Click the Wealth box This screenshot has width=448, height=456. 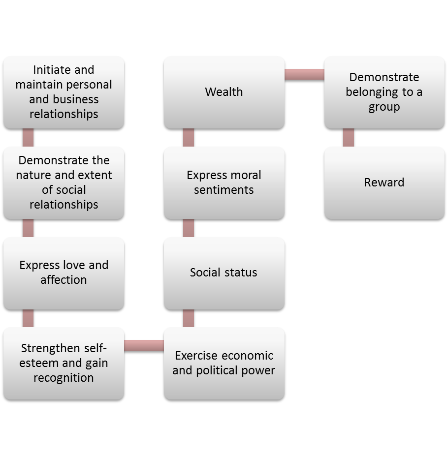(224, 92)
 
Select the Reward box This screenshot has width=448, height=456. (384, 182)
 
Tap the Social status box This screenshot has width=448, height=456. (224, 273)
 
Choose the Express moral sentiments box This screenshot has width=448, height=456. (224, 182)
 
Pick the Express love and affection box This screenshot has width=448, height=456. (64, 273)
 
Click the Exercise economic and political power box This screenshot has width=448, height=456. (224, 363)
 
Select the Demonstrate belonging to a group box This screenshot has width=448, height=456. (384, 92)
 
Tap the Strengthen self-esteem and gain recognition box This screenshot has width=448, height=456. (64, 363)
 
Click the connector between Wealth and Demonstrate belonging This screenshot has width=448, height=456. (304, 74)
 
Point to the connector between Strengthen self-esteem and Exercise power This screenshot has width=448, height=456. (144, 345)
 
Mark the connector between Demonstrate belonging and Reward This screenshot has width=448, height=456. (348, 137)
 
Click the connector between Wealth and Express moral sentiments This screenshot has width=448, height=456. (188, 137)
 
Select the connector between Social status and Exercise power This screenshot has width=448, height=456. (188, 318)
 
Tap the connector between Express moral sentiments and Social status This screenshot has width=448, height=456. (188, 228)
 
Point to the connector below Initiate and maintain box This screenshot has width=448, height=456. (28, 137)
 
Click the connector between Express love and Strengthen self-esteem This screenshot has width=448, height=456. (28, 318)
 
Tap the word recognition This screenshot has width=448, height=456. (64, 378)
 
